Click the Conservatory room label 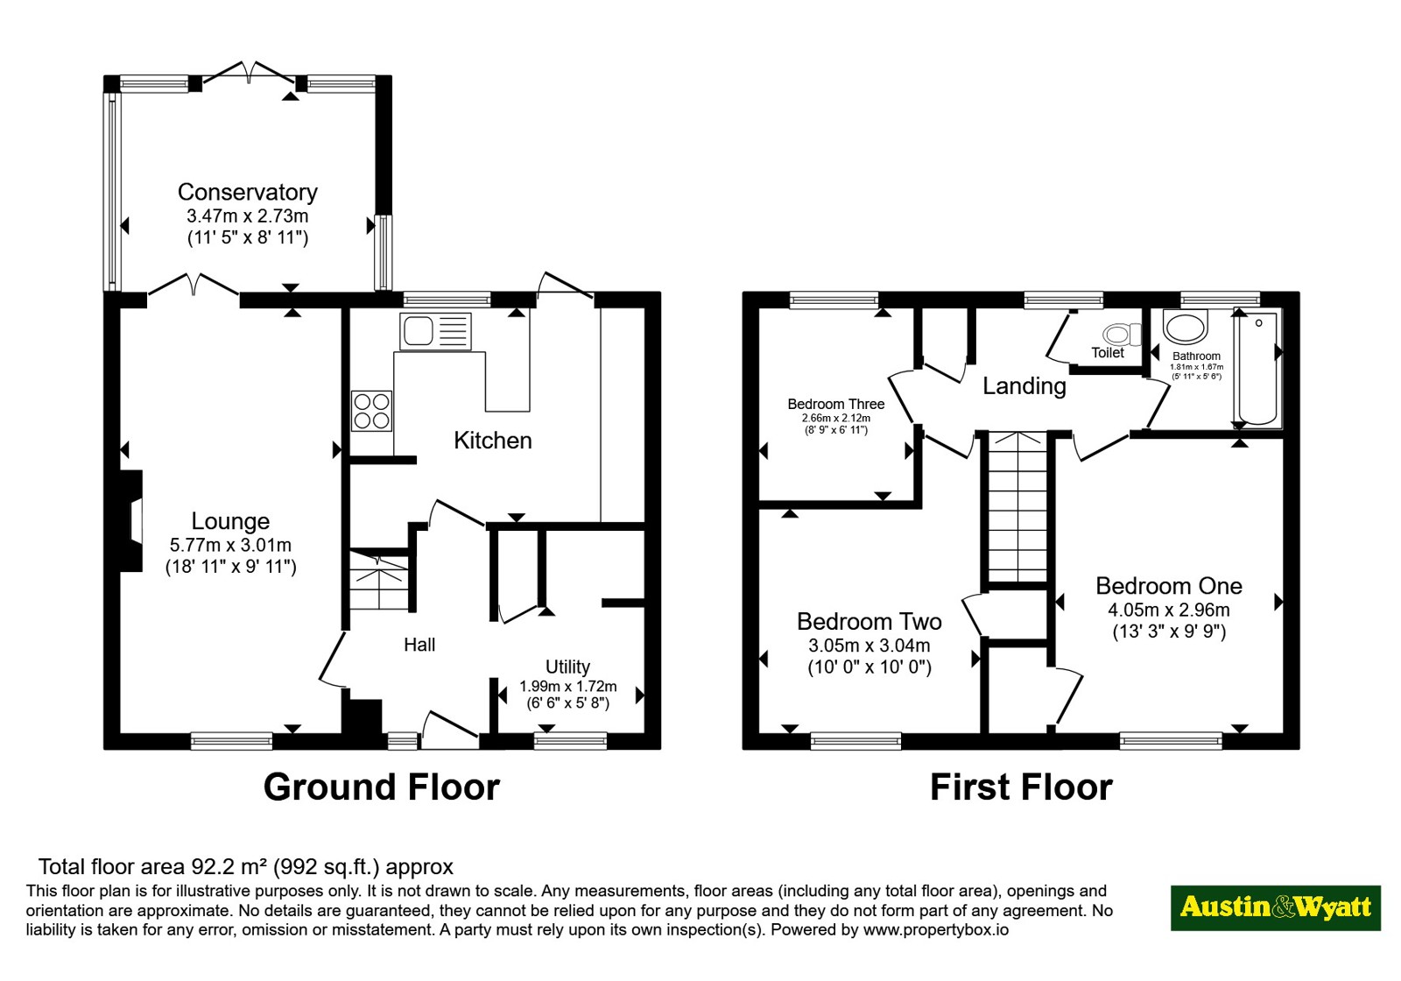pos(248,193)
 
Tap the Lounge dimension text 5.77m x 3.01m pos(230,545)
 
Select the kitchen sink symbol pos(435,331)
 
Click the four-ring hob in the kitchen pos(371,411)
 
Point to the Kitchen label pos(493,441)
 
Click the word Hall pos(419,645)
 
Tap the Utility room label pos(567,667)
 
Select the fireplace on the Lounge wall pos(131,520)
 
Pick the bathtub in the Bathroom pos(1257,368)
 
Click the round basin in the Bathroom pos(1186,328)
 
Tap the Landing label pos(1024,386)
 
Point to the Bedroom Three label pos(835,404)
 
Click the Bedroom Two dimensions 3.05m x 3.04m pos(869,645)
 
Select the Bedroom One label pos(1168,586)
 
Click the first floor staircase pos(1017,507)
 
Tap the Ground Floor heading pos(382,787)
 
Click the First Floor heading pos(1021,787)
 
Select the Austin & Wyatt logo pos(1276,907)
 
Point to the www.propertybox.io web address pos(936,929)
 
